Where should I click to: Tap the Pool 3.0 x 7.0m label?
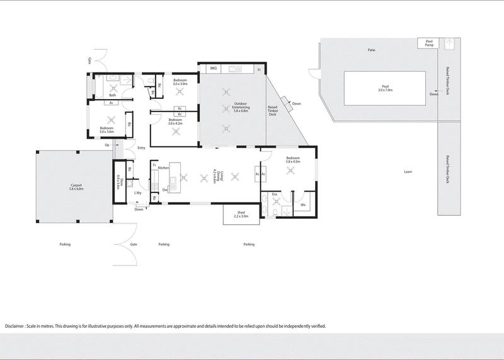click(385, 88)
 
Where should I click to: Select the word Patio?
click(373, 49)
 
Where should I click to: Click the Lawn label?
click(409, 171)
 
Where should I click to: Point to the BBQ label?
click(213, 67)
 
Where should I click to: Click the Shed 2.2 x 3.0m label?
click(241, 214)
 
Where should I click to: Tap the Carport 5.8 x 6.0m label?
click(76, 187)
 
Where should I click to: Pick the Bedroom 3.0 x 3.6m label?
click(106, 131)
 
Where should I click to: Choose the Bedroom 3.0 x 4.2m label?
click(175, 122)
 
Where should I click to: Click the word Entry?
click(141, 149)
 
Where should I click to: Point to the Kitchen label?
click(164, 168)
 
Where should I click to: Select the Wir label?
click(303, 205)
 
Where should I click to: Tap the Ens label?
click(275, 195)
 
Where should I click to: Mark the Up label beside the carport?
click(107, 145)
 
